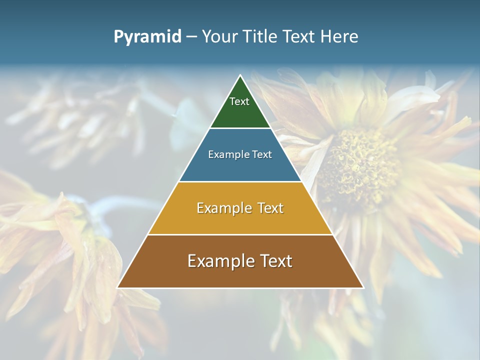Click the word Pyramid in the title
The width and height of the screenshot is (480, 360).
[x=147, y=37]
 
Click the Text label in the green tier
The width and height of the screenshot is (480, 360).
[x=239, y=101]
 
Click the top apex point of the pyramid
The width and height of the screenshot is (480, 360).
[x=240, y=75]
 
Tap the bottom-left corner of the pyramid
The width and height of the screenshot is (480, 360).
[x=117, y=287]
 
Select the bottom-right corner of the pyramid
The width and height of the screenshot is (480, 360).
[x=363, y=287]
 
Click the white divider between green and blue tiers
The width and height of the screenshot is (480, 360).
[x=240, y=128]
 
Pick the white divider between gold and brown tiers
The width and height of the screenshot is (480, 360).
[x=240, y=234]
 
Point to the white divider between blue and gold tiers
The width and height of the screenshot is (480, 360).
[x=240, y=181]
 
